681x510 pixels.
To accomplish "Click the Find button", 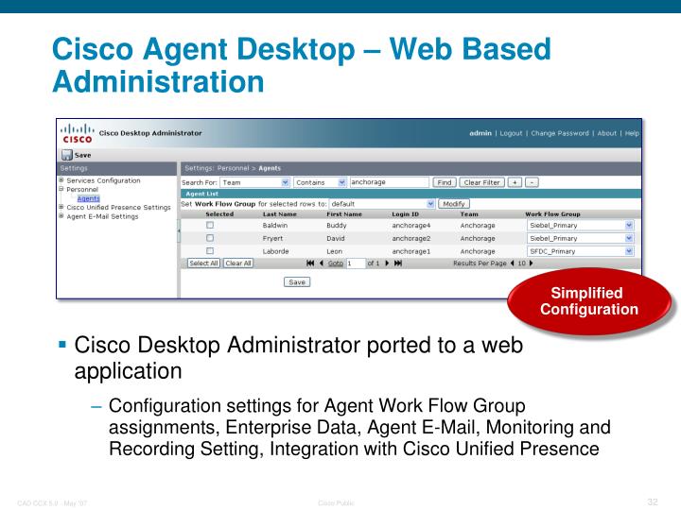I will click(444, 181).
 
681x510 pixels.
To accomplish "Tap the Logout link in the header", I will click(525, 134).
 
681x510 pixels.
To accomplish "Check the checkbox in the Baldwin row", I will click(210, 227).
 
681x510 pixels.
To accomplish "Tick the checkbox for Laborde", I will click(210, 251).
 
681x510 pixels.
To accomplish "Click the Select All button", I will click(202, 263).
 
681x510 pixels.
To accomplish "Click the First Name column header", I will click(345, 214).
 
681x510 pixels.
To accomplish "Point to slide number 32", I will click(652, 501).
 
